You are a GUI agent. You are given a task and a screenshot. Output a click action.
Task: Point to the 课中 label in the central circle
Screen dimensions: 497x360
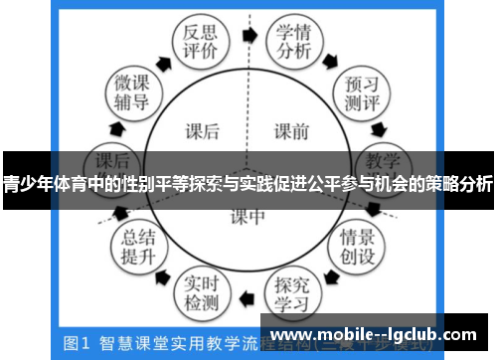point(248,216)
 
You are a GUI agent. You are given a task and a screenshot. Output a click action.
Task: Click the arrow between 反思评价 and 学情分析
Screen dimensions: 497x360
point(248,37)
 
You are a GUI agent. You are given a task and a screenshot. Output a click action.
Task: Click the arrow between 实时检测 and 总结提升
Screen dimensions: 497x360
point(164,273)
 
